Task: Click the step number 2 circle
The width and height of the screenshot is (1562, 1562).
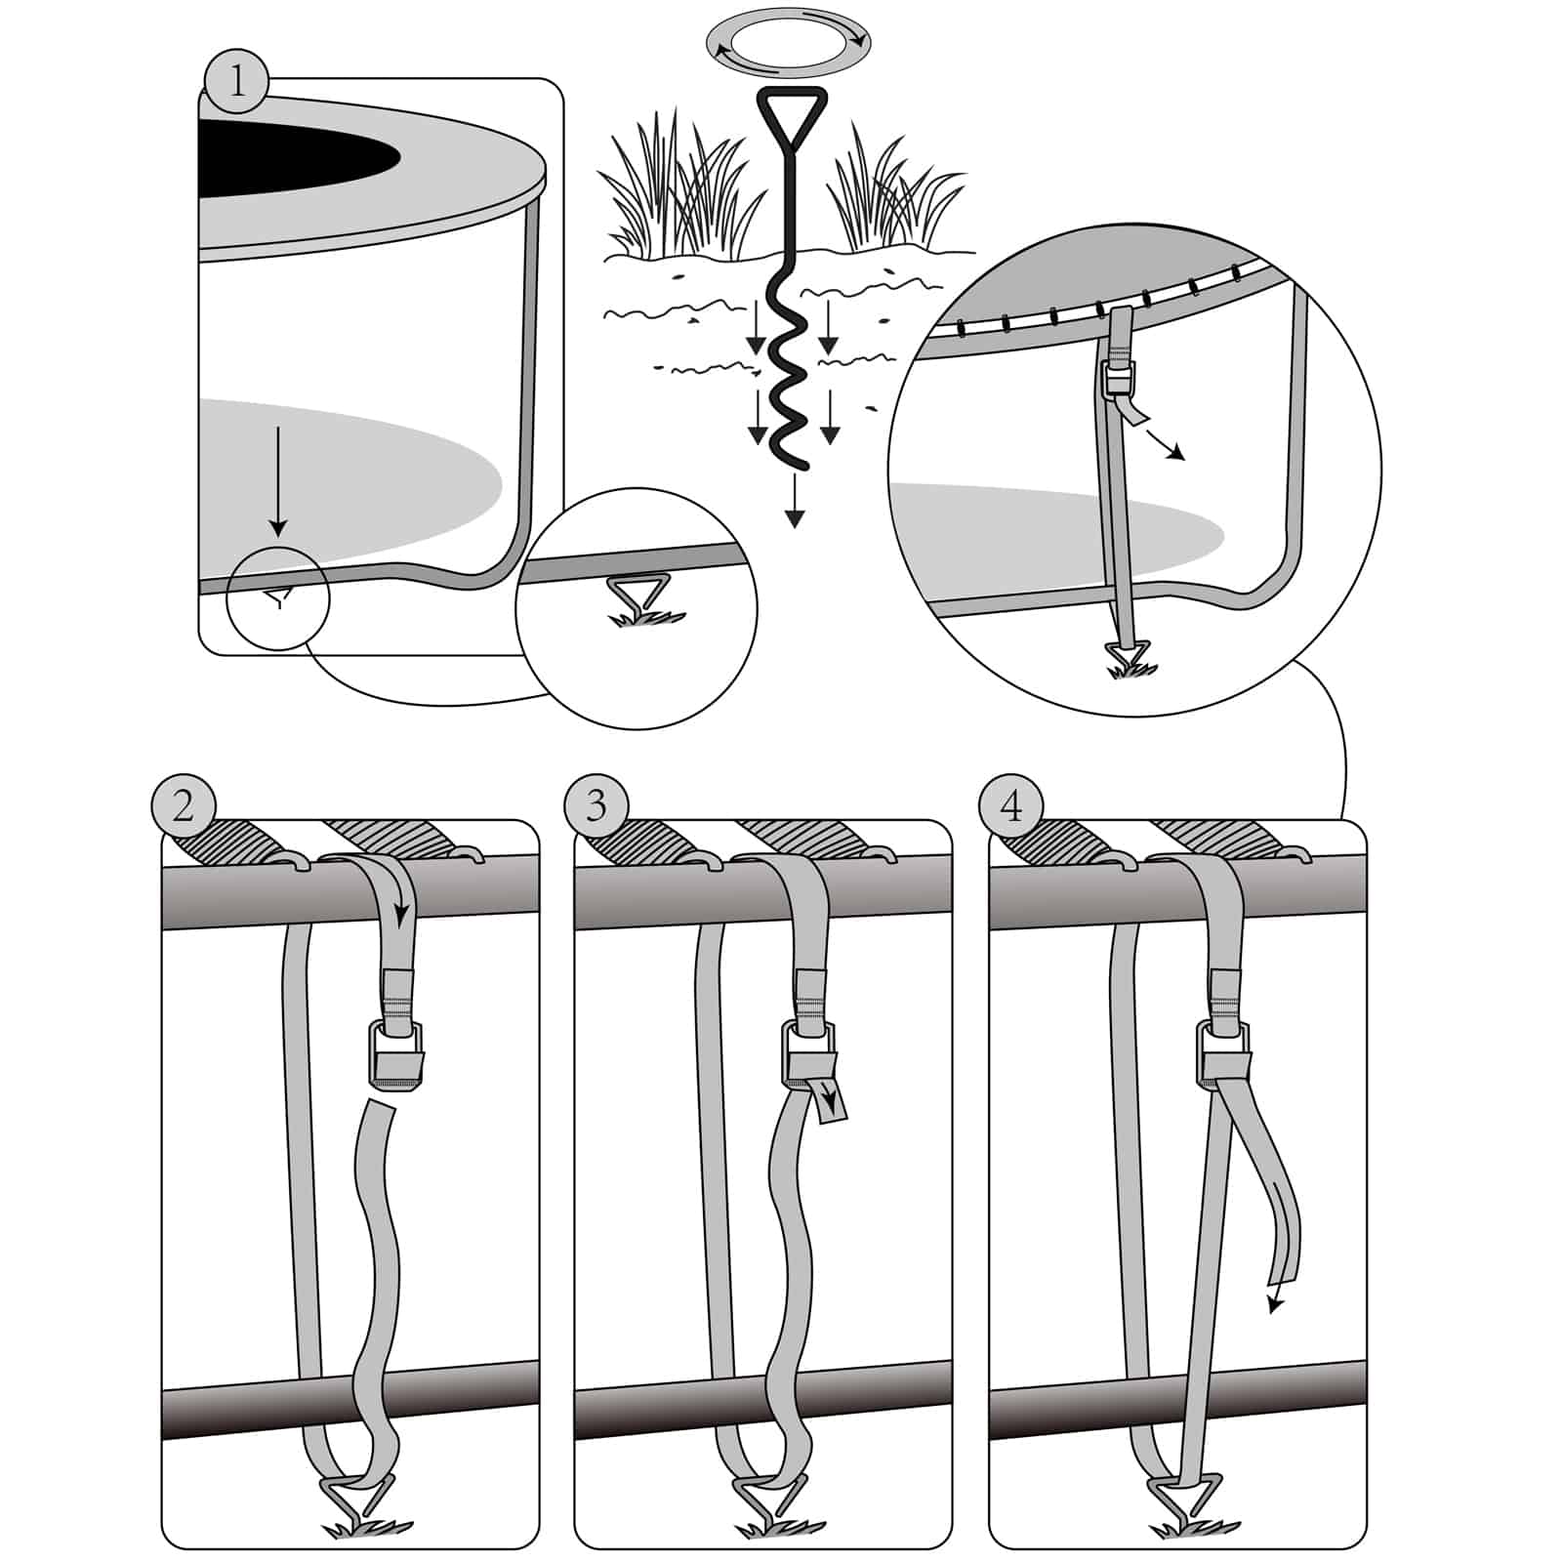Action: [184, 807]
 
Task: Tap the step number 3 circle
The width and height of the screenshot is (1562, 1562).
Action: [596, 807]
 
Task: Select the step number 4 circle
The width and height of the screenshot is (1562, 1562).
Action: [1010, 807]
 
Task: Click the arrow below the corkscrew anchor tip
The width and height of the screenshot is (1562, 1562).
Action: [795, 503]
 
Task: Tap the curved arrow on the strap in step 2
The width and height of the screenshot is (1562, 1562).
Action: [397, 898]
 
